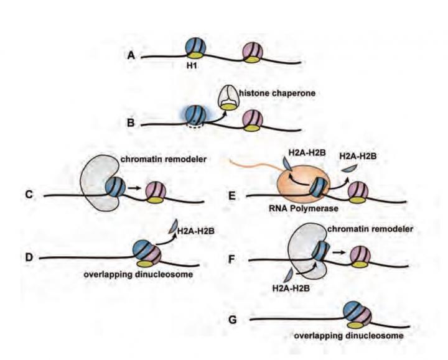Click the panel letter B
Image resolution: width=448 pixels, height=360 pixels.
[131, 122]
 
